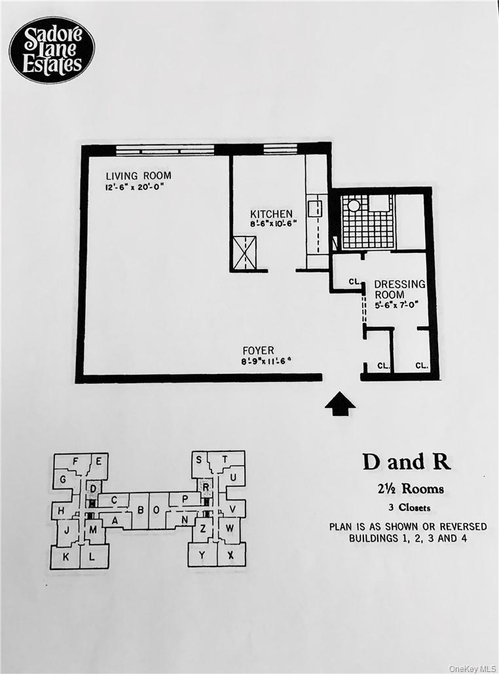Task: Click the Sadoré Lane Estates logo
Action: (52, 50)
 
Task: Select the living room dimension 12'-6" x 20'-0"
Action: (134, 187)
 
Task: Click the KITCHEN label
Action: (271, 214)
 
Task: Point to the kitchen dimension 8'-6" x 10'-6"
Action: (273, 224)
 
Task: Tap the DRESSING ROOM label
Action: (399, 289)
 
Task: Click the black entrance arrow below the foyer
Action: (340, 403)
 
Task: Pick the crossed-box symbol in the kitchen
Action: (244, 253)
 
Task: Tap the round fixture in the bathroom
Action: (354, 205)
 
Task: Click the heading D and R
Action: (406, 462)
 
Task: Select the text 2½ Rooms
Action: (407, 489)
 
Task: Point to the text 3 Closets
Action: (407, 506)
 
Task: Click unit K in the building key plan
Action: (65, 557)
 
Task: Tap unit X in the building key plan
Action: (230, 555)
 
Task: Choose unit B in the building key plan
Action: (139, 509)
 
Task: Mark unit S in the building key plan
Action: (198, 460)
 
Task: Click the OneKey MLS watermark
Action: (472, 668)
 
